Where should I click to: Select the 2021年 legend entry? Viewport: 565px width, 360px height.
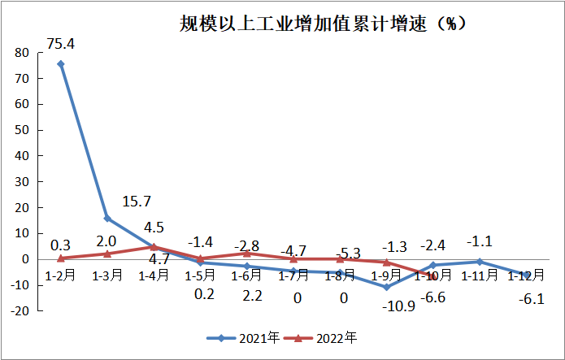tap(243, 336)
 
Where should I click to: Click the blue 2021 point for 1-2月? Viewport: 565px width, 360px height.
tap(61, 63)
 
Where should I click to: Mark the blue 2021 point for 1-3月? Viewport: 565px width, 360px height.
tap(107, 218)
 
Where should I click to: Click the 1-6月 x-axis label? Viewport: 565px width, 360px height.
tap(246, 275)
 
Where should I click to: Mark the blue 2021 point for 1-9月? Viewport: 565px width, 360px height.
tap(386, 287)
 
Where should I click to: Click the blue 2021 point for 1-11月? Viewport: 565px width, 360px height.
tap(480, 262)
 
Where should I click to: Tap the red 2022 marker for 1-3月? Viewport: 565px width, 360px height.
tap(107, 254)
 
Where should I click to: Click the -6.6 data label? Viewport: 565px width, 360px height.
tap(434, 297)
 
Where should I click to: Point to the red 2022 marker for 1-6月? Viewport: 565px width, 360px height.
tap(246, 253)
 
